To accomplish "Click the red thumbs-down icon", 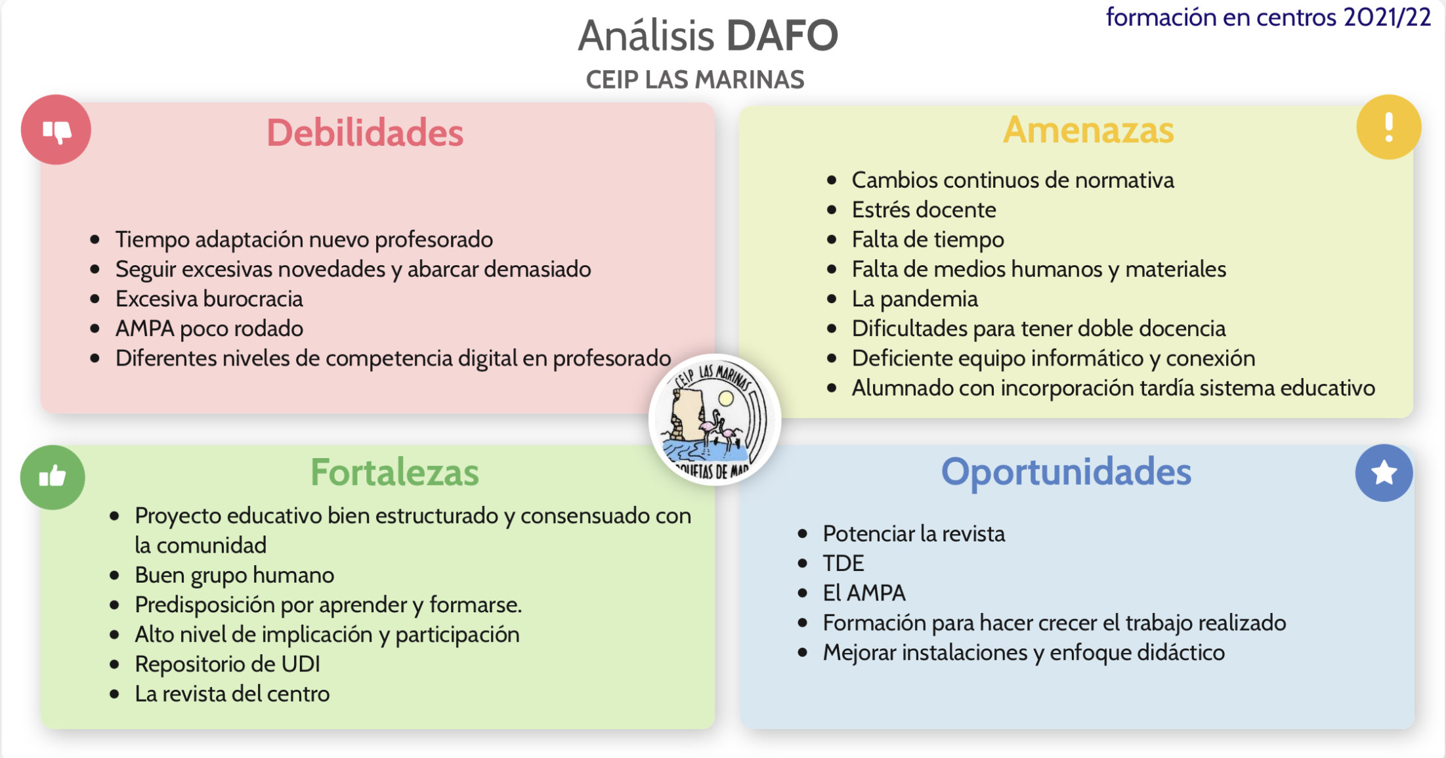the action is click(x=56, y=129).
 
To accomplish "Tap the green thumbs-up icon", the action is click(x=53, y=477).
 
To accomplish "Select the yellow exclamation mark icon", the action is click(x=1388, y=127).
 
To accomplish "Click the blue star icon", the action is click(x=1384, y=473).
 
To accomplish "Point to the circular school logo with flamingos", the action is click(x=715, y=419).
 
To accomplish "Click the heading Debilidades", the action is click(x=365, y=133).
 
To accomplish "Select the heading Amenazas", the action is click(x=1088, y=130).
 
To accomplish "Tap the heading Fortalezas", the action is click(x=394, y=473).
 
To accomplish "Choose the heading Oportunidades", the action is click(x=1066, y=472).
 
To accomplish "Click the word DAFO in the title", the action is click(x=782, y=35).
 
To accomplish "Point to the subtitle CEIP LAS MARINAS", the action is click(x=695, y=80).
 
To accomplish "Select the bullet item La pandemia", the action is click(x=914, y=299).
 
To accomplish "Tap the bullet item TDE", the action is click(x=843, y=563).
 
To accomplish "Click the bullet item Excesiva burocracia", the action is click(x=209, y=299).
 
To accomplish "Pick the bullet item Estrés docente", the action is click(x=924, y=210).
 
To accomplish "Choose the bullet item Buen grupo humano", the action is click(x=234, y=576).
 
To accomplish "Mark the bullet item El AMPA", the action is click(x=864, y=593).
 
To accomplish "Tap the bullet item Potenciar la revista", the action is click(x=914, y=534).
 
